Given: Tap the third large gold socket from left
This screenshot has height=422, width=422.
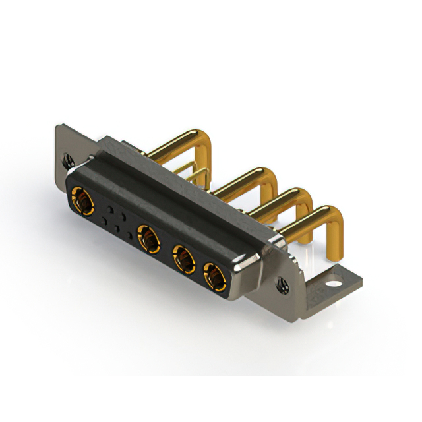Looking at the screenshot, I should click(184, 258).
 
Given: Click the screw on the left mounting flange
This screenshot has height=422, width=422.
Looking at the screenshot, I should click(67, 160).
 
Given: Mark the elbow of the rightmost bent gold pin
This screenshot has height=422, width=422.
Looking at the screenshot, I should click(333, 216).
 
